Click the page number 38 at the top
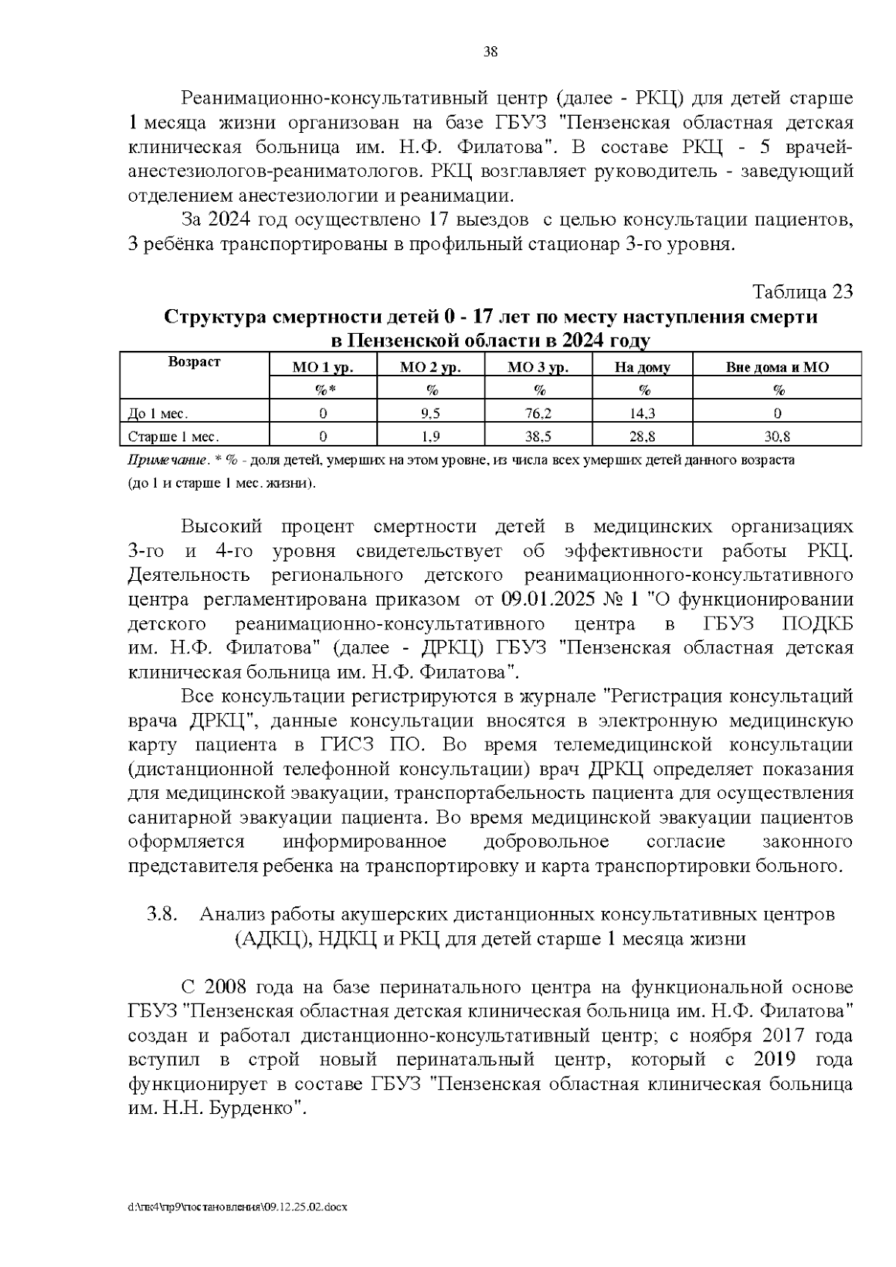[491, 52]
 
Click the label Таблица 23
[802, 292]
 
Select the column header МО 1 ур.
[323, 367]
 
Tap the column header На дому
[642, 367]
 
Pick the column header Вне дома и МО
[777, 367]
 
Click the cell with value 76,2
[539, 413]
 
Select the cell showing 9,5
[431, 413]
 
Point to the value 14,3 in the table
[642, 413]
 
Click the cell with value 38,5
[539, 437]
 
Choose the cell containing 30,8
[777, 437]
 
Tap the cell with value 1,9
[431, 437]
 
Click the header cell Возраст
[195, 362]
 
